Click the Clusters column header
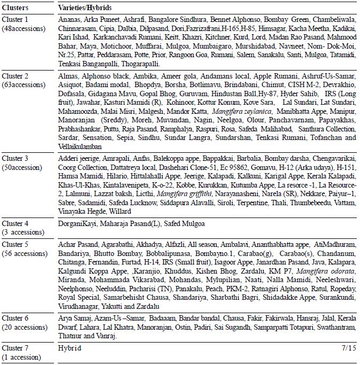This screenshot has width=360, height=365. point(16,9)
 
